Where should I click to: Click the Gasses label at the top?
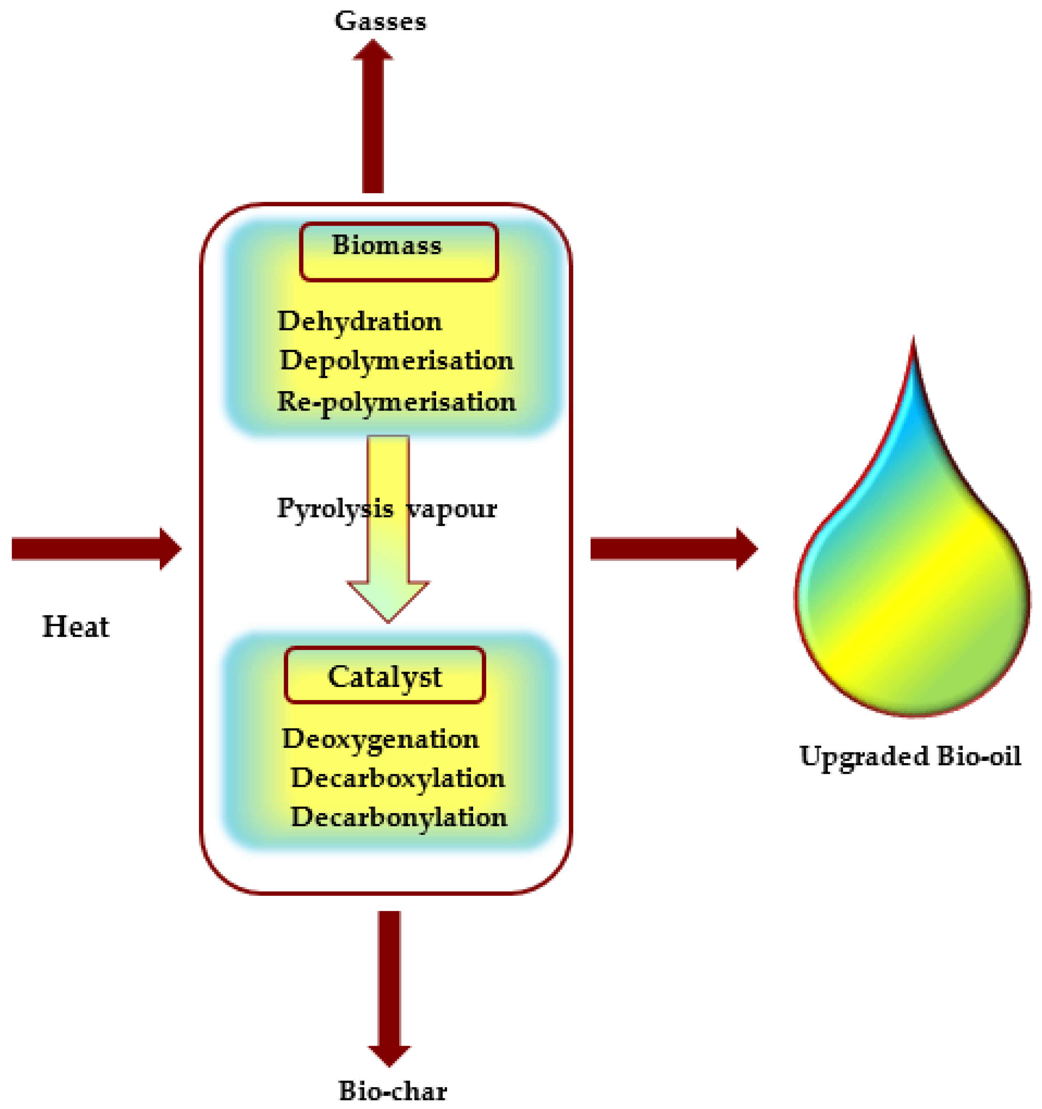pyautogui.click(x=380, y=21)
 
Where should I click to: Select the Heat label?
pyautogui.click(x=76, y=627)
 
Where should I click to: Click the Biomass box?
pyautogui.click(x=398, y=251)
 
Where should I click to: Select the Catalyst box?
pyautogui.click(x=385, y=675)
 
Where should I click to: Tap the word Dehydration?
pyautogui.click(x=359, y=322)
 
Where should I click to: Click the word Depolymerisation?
pyautogui.click(x=396, y=361)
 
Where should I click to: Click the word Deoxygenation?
pyautogui.click(x=380, y=739)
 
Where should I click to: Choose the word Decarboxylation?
pyautogui.click(x=397, y=778)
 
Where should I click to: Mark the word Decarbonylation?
pyautogui.click(x=398, y=817)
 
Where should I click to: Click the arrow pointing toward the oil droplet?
pyautogui.click(x=672, y=549)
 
